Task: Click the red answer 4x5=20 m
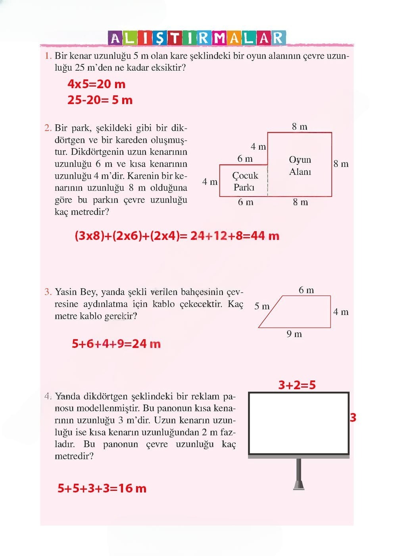96,84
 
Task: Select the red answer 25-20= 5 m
100,100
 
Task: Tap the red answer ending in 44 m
177,236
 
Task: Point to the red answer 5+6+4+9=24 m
116,344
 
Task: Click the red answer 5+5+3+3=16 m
102,488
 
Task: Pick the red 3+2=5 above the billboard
297,385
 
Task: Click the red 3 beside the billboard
353,418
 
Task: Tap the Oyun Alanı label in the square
300,166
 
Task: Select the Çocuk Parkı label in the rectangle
245,181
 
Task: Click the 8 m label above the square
300,127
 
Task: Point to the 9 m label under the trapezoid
294,334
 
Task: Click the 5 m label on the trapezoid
262,306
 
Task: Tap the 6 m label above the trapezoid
306,290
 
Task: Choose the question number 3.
48,292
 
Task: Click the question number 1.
48,56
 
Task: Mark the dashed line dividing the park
268,181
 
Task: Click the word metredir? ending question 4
74,456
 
